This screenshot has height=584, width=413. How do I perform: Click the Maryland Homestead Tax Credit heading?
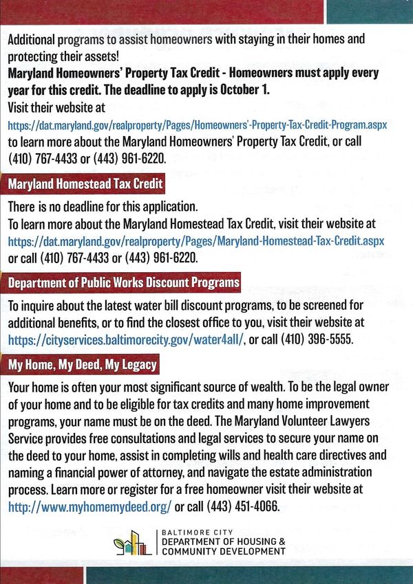point(85,185)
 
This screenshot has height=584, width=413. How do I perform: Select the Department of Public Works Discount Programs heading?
point(124,282)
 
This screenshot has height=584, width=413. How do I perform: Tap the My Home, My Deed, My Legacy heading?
point(82,364)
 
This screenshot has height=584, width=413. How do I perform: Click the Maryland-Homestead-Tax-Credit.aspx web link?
point(196,242)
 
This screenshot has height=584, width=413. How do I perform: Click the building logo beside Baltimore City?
point(132,543)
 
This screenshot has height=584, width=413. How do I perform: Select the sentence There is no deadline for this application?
point(103,206)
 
